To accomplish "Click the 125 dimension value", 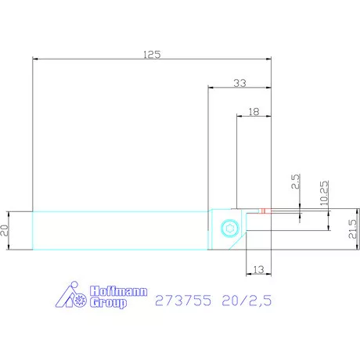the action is click(152, 55).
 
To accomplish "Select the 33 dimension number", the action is click(239, 83).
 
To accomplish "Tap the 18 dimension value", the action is click(254, 112).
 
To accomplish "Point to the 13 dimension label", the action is click(258, 269).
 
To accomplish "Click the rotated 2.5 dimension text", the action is click(296, 182).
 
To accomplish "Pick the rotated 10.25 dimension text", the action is click(324, 193).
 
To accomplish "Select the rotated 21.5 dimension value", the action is click(352, 229).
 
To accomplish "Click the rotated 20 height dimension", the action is click(5, 231).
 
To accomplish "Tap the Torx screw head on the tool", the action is click(230, 229).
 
